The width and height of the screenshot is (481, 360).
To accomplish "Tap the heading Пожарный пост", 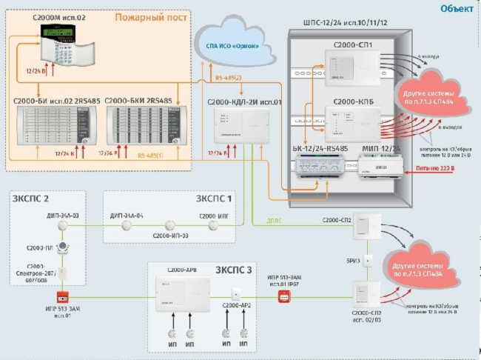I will (159, 16).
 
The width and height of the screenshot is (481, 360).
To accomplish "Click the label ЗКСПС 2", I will (31, 199).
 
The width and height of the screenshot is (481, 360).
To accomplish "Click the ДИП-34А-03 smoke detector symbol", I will (64, 225).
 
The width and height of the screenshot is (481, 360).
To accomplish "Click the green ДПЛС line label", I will (275, 220).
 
